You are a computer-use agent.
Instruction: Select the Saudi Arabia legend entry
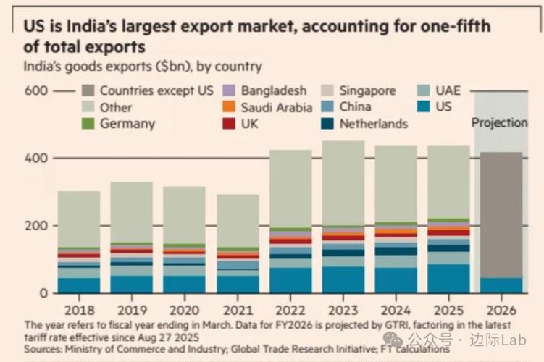(x=276, y=108)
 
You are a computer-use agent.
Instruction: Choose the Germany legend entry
(x=127, y=124)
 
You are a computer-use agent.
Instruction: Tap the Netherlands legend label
(x=373, y=124)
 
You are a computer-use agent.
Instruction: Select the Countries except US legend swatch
(x=88, y=91)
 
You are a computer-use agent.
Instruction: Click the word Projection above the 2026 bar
(x=499, y=122)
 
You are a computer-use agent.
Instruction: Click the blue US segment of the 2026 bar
(x=499, y=285)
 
